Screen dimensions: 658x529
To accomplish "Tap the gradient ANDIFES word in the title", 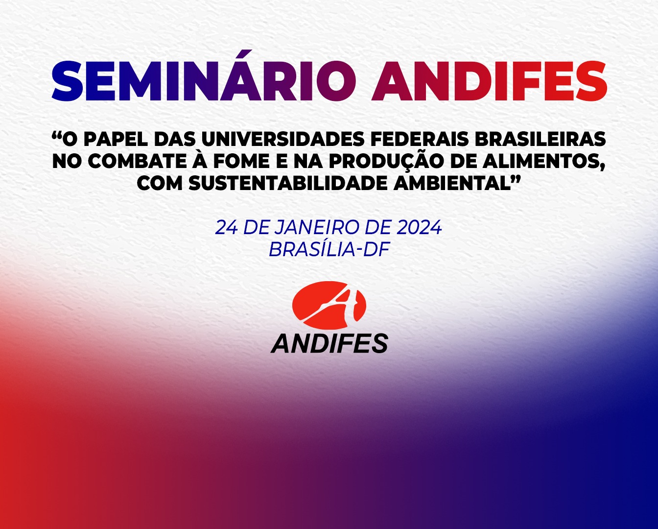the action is (489, 81).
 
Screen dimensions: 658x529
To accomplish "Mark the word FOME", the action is (241, 161).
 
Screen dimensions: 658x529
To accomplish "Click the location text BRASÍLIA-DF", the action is (329, 250).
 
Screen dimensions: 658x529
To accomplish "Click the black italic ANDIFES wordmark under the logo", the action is (329, 343).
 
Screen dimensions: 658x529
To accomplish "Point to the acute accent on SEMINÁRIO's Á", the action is (242, 54).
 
